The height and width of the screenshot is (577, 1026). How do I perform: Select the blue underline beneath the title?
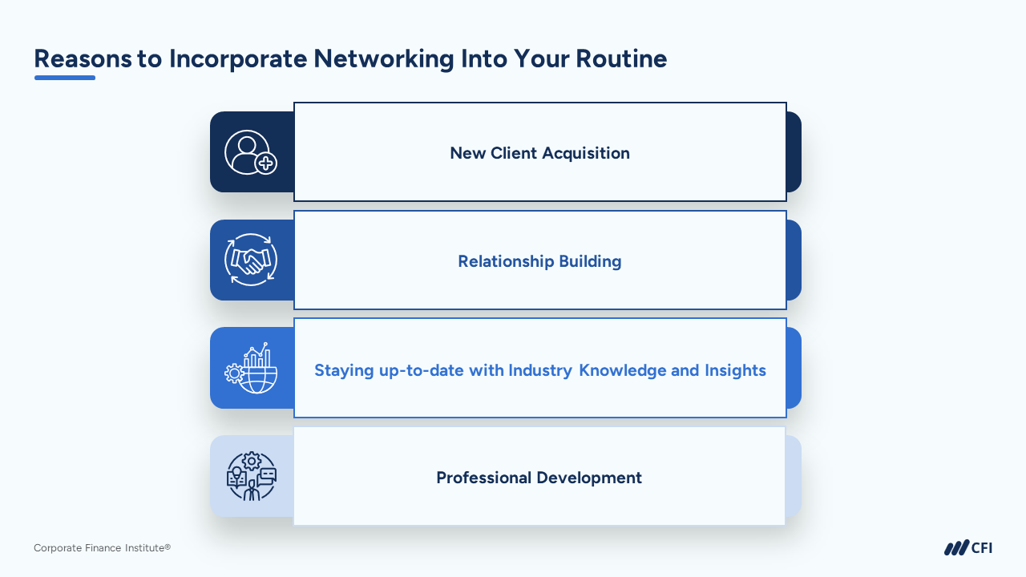tap(65, 78)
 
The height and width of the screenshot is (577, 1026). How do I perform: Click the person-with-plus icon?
tap(251, 152)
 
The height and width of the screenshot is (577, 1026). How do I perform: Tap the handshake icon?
tap(251, 260)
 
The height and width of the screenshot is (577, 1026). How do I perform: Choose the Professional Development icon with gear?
tap(251, 476)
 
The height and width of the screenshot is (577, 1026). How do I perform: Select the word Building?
tap(591, 261)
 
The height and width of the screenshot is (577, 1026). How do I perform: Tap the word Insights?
tap(735, 370)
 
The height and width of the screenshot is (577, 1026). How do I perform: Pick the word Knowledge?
tap(623, 370)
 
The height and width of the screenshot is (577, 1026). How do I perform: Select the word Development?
tap(590, 478)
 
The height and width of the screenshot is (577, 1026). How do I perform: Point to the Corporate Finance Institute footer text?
tap(102, 548)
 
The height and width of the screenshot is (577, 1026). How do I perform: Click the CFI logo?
tap(967, 548)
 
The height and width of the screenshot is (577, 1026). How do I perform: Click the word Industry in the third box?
tap(540, 370)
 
